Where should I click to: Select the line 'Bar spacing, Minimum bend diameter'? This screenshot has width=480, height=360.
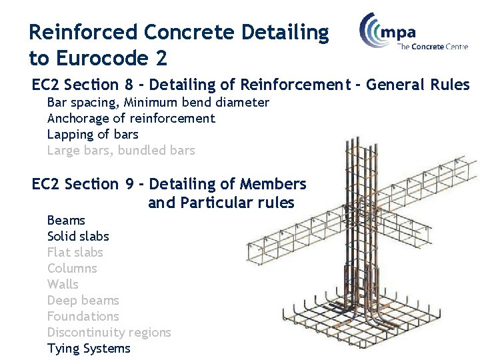tap(158, 103)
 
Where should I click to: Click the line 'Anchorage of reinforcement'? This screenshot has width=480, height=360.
tap(131, 119)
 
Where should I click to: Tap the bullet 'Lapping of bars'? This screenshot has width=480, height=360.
tap(93, 135)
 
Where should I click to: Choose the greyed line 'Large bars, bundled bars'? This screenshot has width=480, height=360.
tap(121, 151)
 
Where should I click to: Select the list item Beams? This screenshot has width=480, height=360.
tap(66, 221)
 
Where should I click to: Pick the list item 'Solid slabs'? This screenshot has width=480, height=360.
tap(78, 237)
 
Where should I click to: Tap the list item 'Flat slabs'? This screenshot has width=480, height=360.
tap(75, 253)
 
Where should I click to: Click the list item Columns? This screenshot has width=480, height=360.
tap(72, 269)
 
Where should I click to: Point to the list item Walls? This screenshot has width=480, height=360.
tap(63, 285)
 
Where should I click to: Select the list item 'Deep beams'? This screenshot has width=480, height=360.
tap(83, 301)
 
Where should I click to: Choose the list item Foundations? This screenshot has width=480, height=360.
tap(83, 317)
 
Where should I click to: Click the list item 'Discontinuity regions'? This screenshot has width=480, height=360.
tap(109, 333)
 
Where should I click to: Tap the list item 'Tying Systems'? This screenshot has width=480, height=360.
tap(89, 349)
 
